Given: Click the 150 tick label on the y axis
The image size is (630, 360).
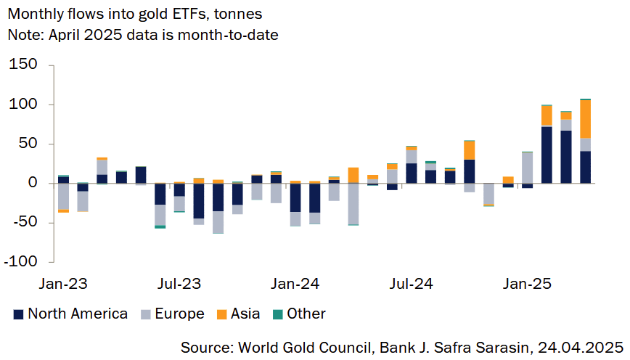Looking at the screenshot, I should coord(30,66).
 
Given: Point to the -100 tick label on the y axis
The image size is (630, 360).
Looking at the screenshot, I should coord(26,261).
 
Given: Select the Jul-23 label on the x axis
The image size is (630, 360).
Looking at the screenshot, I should coord(178,283).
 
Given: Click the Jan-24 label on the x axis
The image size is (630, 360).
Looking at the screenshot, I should coord(294,283).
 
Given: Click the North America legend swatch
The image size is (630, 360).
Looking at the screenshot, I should coord(19,314).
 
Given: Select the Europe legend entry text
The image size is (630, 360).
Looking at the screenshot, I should coord(179,314).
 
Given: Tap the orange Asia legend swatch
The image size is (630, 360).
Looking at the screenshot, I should coord(222,314).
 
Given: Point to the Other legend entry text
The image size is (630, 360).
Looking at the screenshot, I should coord(306,314).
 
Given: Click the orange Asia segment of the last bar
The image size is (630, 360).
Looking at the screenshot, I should coord(585,119).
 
